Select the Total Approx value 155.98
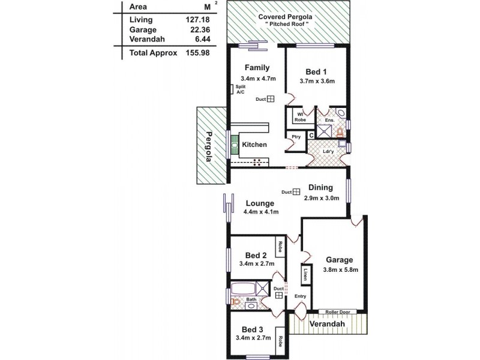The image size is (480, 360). click(x=197, y=53)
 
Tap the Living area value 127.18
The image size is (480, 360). click(x=197, y=19)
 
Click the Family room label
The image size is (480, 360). click(x=257, y=68)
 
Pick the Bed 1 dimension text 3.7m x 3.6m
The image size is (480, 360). click(x=316, y=82)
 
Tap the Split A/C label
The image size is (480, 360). click(x=240, y=90)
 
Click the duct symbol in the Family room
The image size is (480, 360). click(x=271, y=100)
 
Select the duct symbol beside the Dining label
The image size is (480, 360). click(x=296, y=192)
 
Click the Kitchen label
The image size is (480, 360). click(x=254, y=145)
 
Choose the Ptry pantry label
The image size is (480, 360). click(x=296, y=137)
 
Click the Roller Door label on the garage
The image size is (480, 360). click(x=338, y=312)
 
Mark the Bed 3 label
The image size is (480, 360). click(x=253, y=329)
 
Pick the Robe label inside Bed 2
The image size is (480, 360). click(x=280, y=246)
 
